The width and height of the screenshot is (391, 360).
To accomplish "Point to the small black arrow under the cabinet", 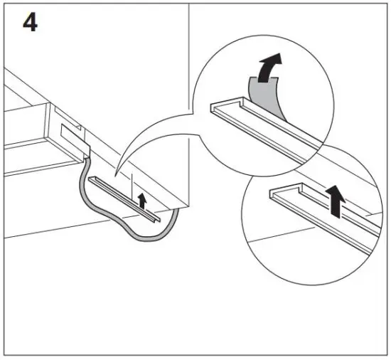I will (142, 201).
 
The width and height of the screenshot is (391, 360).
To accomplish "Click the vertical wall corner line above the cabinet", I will (189, 71).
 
